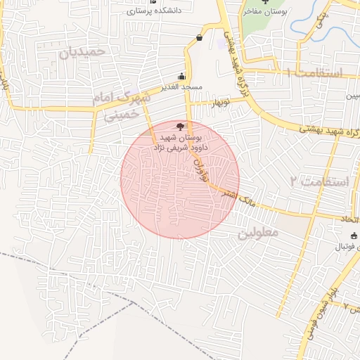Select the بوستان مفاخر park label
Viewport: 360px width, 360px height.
click(263, 12)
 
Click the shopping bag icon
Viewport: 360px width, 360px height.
click(201, 37)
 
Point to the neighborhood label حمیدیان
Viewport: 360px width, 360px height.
click(82, 52)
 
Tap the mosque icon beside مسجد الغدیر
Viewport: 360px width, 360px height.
click(182, 77)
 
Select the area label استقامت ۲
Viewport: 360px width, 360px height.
click(319, 181)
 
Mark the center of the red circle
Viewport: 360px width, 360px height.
click(180, 179)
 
